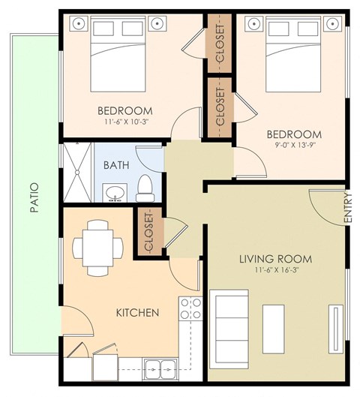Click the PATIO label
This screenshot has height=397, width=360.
pos(34,199)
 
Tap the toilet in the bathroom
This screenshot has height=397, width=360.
pos(145,188)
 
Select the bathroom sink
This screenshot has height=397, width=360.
pos(115,195)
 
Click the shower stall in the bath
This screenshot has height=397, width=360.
pos(75,173)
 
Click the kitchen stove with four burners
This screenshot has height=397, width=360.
pos(190,308)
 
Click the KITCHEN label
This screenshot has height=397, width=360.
pos(137,311)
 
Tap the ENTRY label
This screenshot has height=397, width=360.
pos(347,209)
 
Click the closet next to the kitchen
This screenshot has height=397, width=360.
pos(147,233)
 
